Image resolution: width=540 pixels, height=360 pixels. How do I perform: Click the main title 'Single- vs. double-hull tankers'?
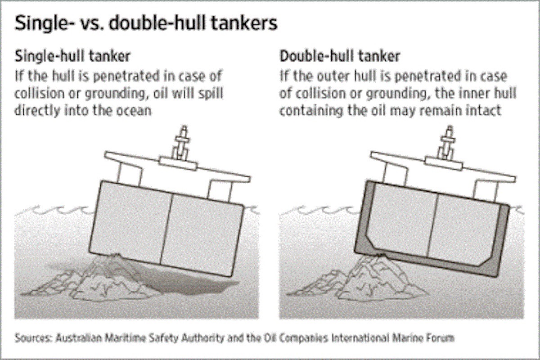(146, 23)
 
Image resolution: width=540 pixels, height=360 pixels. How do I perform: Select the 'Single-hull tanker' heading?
(72, 56)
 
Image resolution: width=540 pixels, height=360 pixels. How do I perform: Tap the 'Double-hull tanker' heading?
(340, 56)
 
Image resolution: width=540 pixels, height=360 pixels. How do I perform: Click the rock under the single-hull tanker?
(96, 280)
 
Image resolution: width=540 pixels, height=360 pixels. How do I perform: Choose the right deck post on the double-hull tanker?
(486, 192)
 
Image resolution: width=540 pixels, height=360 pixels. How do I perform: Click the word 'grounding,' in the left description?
(117, 94)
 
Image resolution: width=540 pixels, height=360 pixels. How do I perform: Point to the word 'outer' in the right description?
(333, 76)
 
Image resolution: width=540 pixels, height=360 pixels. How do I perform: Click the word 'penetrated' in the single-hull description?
(126, 76)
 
